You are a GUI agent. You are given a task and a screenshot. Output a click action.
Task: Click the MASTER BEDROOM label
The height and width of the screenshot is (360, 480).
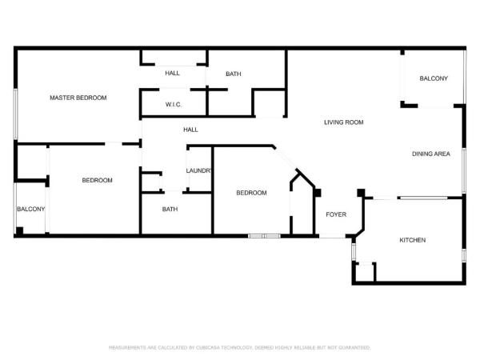78,98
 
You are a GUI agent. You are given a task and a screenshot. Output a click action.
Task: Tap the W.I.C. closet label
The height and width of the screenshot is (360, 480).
174,104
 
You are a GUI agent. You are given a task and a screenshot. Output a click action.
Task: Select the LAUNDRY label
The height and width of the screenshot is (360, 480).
198,170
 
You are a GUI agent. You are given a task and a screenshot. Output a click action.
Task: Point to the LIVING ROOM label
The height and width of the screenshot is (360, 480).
344,122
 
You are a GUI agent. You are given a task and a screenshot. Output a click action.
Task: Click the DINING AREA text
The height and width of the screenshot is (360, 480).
430,154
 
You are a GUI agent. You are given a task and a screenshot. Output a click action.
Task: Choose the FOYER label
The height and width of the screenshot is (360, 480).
334,214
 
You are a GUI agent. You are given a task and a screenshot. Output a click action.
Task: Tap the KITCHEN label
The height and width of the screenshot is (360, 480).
413,240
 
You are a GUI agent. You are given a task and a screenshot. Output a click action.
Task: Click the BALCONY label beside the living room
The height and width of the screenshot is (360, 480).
434,78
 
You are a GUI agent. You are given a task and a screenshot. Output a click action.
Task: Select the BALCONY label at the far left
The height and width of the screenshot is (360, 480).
31,210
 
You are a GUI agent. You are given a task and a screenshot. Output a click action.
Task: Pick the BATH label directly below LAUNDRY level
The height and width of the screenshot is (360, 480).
170,210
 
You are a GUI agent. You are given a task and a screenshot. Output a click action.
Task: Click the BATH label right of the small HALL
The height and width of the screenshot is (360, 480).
233,74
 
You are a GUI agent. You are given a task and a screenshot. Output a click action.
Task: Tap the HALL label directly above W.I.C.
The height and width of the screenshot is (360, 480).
173,73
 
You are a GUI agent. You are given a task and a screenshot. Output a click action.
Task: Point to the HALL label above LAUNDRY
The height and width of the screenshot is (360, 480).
190,130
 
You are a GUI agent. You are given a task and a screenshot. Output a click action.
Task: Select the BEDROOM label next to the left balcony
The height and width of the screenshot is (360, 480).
97,180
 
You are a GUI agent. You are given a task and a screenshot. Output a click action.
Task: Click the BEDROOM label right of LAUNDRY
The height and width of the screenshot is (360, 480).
250,193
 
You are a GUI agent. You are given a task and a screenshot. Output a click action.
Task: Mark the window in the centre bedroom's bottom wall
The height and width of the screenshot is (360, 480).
263,235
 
